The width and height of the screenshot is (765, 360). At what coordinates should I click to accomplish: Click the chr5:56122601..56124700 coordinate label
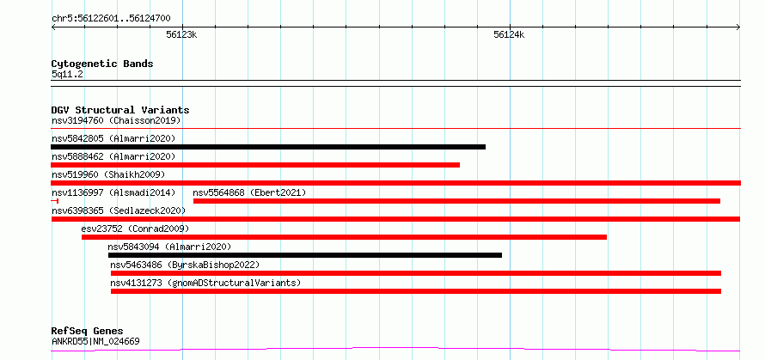point(111,19)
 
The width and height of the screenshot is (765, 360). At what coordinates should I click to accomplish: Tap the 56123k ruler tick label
point(181,34)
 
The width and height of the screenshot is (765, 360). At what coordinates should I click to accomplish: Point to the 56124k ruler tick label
point(509,34)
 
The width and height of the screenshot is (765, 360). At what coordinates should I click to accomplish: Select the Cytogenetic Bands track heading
point(102,64)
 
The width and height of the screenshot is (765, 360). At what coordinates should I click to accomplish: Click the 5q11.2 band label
point(67,75)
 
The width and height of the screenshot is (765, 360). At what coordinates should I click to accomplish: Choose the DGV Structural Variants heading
point(120,110)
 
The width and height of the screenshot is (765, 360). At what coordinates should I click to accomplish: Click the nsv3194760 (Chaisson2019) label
point(116,120)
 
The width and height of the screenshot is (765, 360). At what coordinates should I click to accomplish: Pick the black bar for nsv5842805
point(268,147)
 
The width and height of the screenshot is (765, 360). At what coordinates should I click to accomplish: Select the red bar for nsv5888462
point(255,165)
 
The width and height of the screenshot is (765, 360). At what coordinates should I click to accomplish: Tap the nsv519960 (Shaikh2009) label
point(108,174)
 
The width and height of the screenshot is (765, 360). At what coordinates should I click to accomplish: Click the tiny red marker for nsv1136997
point(55,201)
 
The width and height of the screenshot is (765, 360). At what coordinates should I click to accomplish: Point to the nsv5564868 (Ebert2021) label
point(249,192)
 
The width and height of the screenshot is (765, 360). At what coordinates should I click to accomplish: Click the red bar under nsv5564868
point(456,201)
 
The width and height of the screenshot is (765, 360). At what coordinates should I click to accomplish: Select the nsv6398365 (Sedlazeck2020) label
point(119,211)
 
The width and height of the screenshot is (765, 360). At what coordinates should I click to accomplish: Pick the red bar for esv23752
point(344,237)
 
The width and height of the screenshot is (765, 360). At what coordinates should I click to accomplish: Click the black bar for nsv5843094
point(305,255)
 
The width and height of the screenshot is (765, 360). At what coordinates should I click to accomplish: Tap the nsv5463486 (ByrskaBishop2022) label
point(185,265)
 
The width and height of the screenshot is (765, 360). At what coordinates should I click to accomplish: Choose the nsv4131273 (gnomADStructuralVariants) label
point(205,283)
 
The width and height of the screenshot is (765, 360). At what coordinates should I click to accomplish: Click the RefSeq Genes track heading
point(88,332)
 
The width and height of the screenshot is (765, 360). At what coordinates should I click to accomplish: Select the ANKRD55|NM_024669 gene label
point(95,341)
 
